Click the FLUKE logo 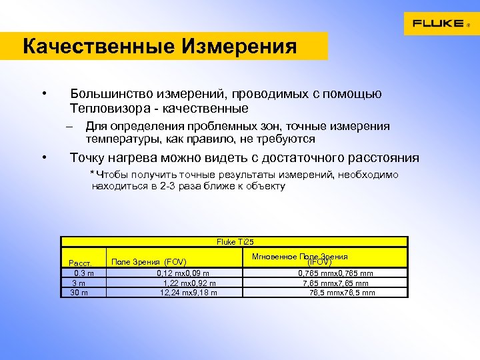coord(438,23)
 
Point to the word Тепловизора coord(108,108)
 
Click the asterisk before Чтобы coord(92,173)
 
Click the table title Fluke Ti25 coord(235,242)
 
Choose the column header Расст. coord(80,262)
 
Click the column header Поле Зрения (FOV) coord(148,261)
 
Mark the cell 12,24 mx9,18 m coord(188,292)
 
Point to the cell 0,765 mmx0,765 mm coord(335,273)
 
